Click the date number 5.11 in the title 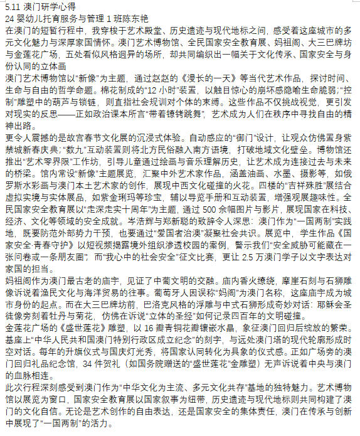12,6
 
